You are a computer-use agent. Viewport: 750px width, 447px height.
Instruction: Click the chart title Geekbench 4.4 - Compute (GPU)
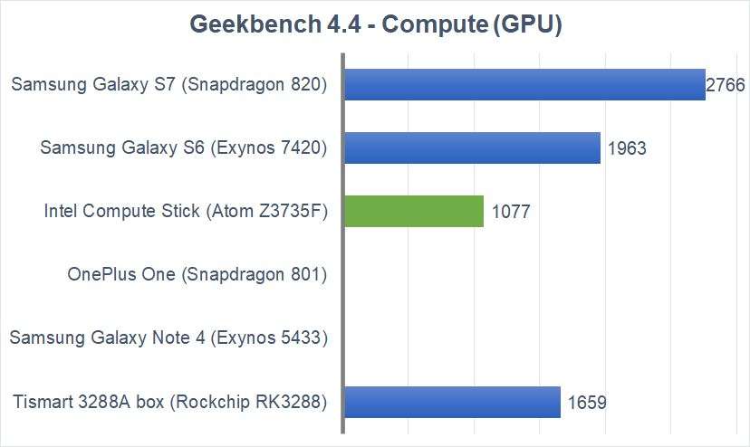pos(375,24)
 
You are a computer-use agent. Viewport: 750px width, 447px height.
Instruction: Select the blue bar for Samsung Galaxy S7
pos(524,84)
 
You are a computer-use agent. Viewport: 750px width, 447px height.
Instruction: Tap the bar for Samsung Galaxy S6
pos(472,147)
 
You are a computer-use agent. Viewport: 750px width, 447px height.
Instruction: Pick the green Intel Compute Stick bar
pos(414,211)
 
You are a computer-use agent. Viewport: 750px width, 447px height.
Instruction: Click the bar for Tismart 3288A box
pos(452,401)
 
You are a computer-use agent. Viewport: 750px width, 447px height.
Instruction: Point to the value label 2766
pos(726,86)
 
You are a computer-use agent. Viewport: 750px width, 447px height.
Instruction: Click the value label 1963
pos(628,149)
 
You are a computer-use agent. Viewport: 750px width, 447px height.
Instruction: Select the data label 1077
pos(511,213)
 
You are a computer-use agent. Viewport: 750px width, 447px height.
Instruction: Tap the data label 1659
pos(587,403)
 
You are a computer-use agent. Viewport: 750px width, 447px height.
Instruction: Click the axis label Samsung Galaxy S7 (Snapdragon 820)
pos(168,85)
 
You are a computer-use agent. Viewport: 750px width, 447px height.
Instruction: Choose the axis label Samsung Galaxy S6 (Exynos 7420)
pos(183,148)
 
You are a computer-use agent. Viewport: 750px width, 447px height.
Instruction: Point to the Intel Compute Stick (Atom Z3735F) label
pos(185,212)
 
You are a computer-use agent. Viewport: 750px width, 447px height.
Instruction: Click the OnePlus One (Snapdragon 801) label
pos(197,274)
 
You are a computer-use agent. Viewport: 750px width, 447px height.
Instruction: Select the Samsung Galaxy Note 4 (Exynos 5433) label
pos(168,338)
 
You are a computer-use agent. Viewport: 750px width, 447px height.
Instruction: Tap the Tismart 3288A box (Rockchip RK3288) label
pos(169,402)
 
